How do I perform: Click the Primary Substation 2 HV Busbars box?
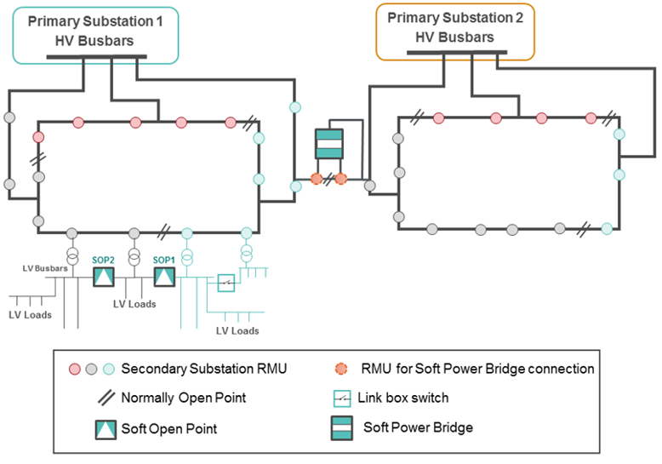[455, 30]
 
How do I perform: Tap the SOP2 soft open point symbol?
[103, 277]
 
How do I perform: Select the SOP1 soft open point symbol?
[163, 277]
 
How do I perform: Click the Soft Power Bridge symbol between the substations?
[328, 144]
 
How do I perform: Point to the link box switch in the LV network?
[225, 283]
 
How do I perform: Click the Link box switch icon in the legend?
[344, 397]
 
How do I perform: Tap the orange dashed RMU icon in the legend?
[342, 369]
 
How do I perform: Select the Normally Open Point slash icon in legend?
[105, 397]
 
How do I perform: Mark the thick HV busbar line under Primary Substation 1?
[96, 58]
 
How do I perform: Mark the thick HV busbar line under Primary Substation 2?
[455, 54]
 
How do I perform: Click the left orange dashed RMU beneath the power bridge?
[317, 179]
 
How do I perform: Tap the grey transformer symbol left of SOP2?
[72, 255]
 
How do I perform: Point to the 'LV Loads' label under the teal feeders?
[237, 330]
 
